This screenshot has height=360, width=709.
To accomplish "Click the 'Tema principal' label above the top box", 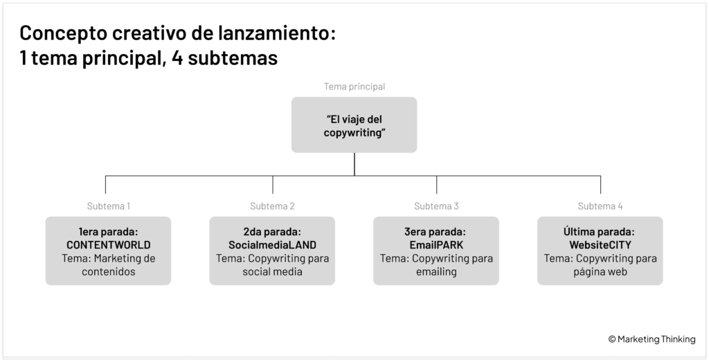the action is point(354,87).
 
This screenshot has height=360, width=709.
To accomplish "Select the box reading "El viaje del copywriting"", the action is point(354,125).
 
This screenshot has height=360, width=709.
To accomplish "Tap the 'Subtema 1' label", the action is point(109,206).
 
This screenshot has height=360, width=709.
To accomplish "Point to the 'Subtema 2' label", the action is point(272,206).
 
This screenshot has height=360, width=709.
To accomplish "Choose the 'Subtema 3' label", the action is point(436,206).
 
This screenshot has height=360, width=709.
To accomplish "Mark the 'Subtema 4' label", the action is point(600,206).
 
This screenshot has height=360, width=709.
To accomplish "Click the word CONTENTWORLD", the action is point(109,245).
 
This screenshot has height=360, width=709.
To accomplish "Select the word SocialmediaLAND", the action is point(272,245).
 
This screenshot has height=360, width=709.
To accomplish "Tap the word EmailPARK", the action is point(436,245).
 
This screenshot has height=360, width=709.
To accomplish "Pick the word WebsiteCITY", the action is point(600,245).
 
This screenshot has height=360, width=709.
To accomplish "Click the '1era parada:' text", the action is point(109,232).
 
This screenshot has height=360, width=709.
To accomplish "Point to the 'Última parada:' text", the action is point(599,231).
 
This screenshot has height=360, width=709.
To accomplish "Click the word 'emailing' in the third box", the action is point(436,272).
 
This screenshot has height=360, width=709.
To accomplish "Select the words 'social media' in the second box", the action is point(272,272).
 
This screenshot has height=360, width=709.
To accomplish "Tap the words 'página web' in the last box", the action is point(600,272).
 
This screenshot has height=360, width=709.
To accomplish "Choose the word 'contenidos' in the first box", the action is point(109,272).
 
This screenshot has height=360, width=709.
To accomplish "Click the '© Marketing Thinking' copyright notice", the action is point(652,339).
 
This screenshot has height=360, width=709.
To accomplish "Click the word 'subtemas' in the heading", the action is point(233,58).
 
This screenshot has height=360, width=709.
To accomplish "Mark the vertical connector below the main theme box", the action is point(354,164).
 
